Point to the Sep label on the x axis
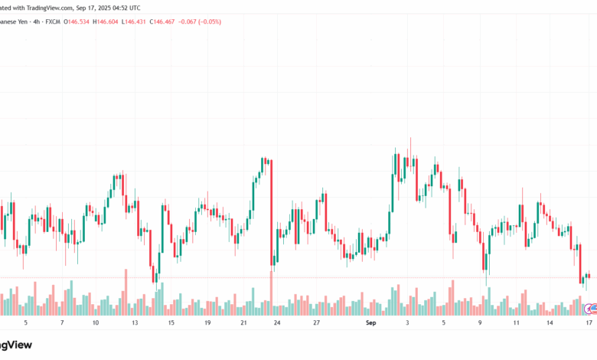[x=371, y=323]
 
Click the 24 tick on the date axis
[x=277, y=323]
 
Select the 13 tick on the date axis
[x=135, y=323]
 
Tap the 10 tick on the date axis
[x=95, y=323]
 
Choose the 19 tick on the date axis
[x=207, y=323]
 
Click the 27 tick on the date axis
[x=316, y=323]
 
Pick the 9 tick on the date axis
[x=481, y=323]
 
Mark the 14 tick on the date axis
[x=550, y=323]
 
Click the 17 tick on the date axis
[x=588, y=323]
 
